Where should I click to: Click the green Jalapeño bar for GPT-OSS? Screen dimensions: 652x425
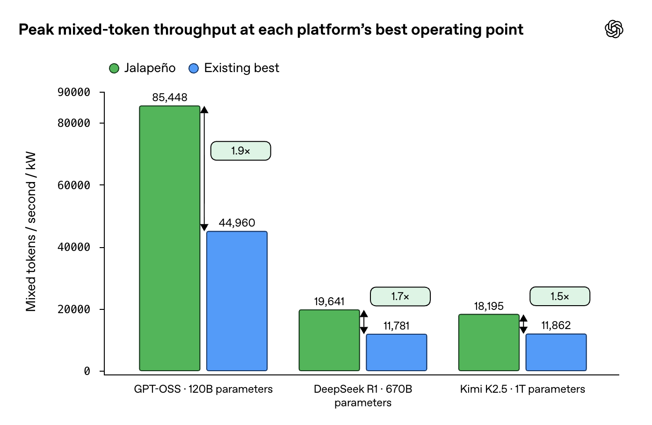click(x=170, y=238)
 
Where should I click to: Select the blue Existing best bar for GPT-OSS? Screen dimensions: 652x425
click(x=237, y=301)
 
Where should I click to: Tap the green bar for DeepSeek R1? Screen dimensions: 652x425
click(x=329, y=340)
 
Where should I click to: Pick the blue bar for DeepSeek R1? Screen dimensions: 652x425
click(x=397, y=352)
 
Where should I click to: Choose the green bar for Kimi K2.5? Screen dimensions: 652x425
click(x=489, y=343)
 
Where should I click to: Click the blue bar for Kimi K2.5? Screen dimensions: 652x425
click(x=556, y=352)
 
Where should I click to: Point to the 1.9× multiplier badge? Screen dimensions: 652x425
click(x=241, y=151)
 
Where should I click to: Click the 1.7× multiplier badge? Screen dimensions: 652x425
click(x=400, y=297)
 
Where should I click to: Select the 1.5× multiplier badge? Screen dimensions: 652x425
click(x=560, y=297)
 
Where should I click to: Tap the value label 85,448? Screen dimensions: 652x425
click(x=170, y=97)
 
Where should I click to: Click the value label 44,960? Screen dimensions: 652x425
click(x=237, y=223)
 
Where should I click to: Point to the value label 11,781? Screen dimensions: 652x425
click(x=397, y=326)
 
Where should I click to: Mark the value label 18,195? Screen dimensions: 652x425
click(x=489, y=306)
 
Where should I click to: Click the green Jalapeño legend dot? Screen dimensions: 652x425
click(x=114, y=68)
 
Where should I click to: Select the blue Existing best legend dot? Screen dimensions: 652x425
click(x=194, y=68)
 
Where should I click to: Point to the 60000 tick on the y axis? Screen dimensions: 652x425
click(x=101, y=185)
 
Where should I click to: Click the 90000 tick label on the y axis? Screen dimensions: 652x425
click(x=74, y=92)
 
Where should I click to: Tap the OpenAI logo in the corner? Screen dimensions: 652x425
click(x=614, y=29)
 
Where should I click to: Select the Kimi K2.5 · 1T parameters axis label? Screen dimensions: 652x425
click(x=522, y=389)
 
